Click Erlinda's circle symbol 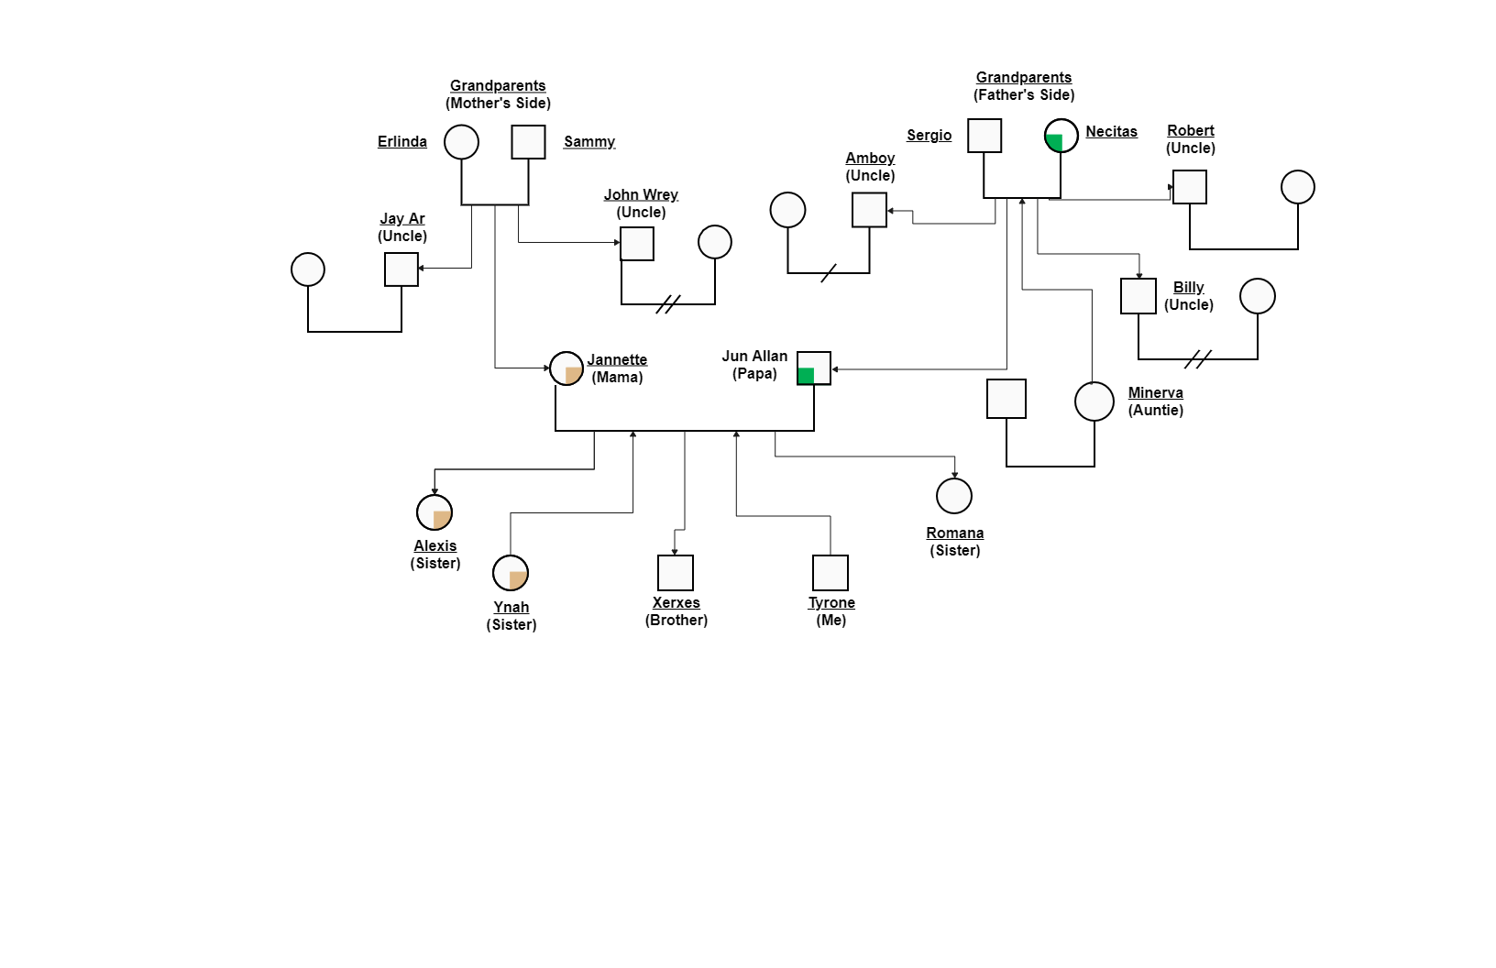pyautogui.click(x=461, y=142)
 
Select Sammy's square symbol pyautogui.click(x=528, y=142)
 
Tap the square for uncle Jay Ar pyautogui.click(x=401, y=269)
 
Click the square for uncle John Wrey pyautogui.click(x=637, y=244)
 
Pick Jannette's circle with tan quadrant pyautogui.click(x=566, y=368)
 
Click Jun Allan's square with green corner pyautogui.click(x=814, y=368)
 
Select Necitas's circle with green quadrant pyautogui.click(x=1061, y=136)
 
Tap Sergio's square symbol pyautogui.click(x=984, y=136)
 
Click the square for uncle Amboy pyautogui.click(x=869, y=210)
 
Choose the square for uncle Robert pyautogui.click(x=1190, y=187)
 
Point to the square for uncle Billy pyautogui.click(x=1138, y=296)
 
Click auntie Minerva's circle pyautogui.click(x=1094, y=401)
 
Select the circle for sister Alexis pyautogui.click(x=434, y=512)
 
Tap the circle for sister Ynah pyautogui.click(x=511, y=573)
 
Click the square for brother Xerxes pyautogui.click(x=676, y=573)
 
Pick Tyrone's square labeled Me pyautogui.click(x=830, y=573)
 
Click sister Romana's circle pyautogui.click(x=954, y=496)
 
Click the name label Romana pyautogui.click(x=954, y=533)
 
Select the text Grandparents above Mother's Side pyautogui.click(x=498, y=85)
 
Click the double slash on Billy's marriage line pyautogui.click(x=1198, y=359)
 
